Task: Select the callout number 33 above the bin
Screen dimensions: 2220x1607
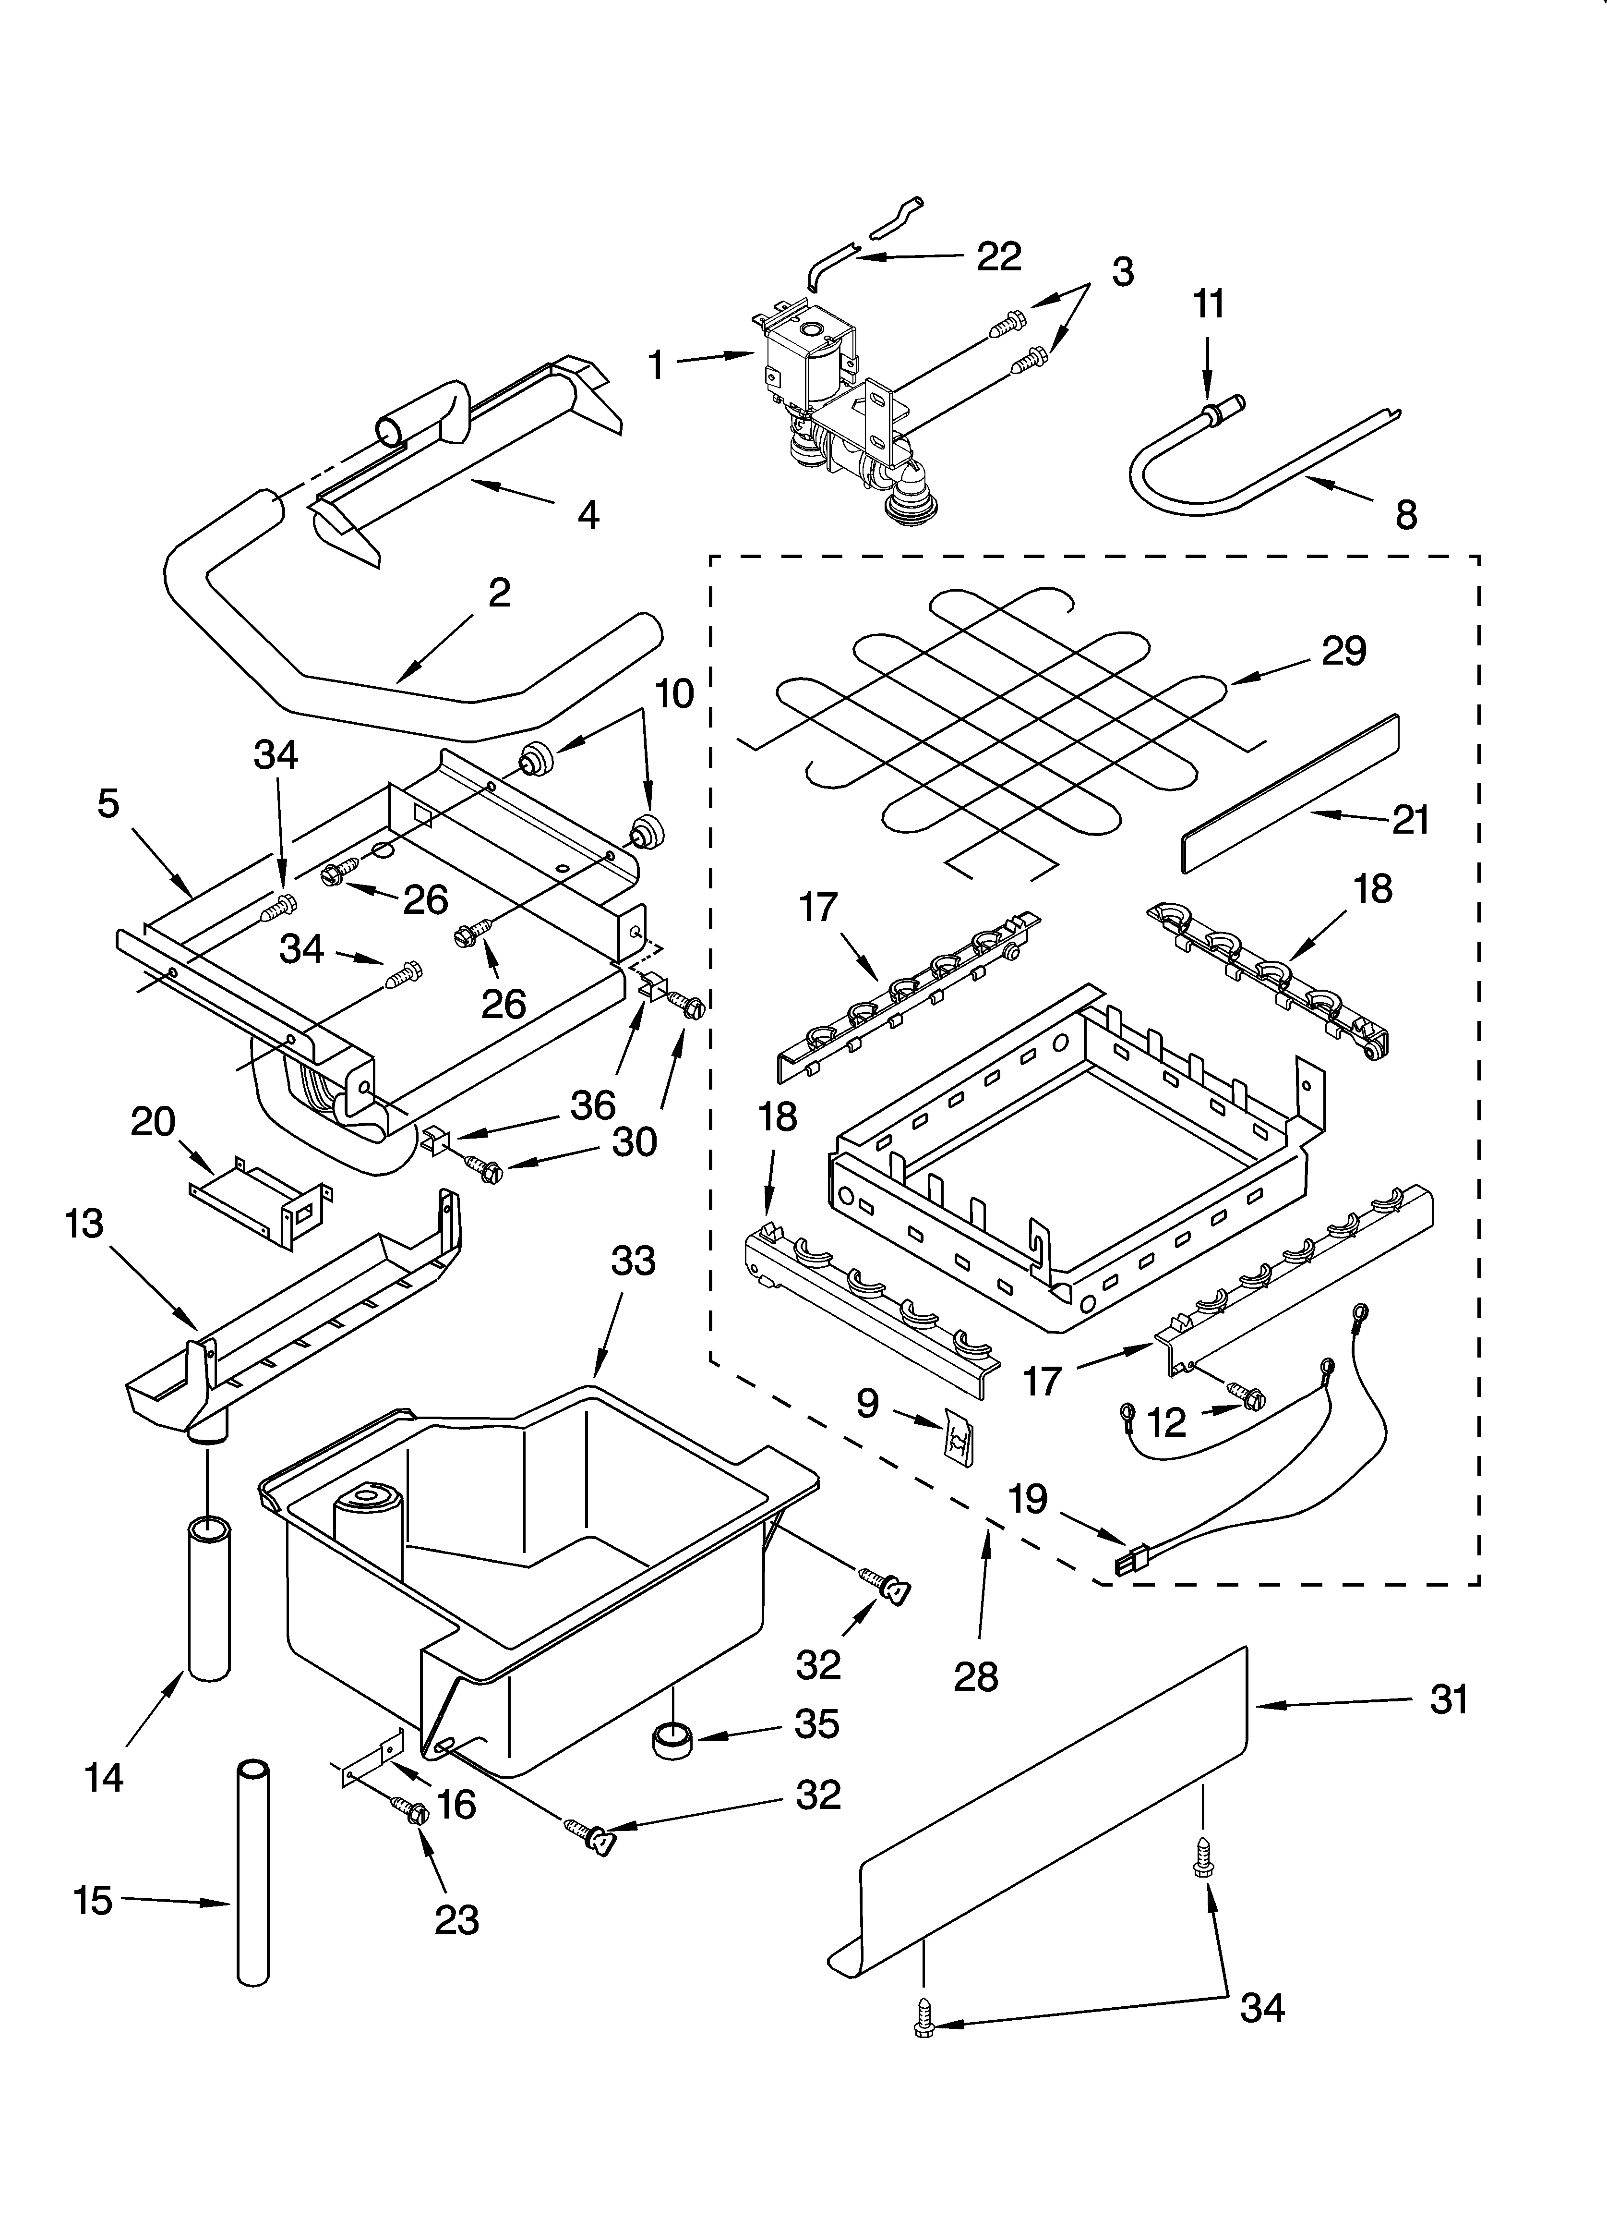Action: pyautogui.click(x=633, y=1262)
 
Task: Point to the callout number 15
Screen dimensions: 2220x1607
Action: pyautogui.click(x=94, y=1902)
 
